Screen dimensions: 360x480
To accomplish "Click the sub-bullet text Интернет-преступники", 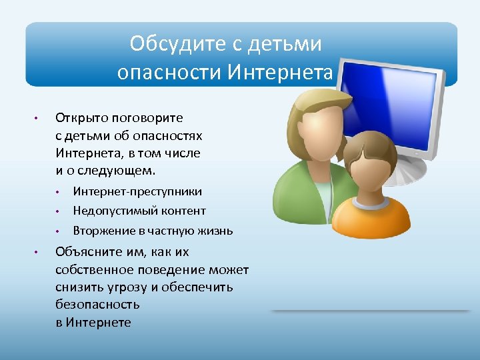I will pos(137,191).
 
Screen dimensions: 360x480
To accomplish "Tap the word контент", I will pos(184,211).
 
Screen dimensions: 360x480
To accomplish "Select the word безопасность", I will pos(97,305).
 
